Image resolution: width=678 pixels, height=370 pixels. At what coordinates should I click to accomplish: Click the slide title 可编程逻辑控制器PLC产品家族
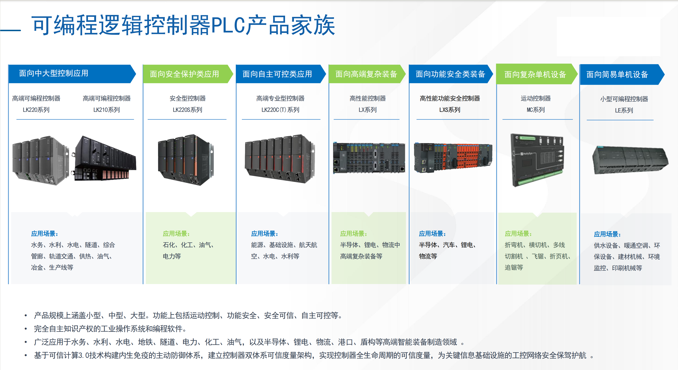[183, 25]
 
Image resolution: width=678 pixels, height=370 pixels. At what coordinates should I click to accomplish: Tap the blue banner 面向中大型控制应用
[54, 74]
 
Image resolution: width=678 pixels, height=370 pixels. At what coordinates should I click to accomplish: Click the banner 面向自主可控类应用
[277, 74]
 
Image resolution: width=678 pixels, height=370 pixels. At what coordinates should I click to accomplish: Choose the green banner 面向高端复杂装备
[366, 74]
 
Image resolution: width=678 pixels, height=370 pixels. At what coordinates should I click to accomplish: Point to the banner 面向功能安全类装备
[450, 74]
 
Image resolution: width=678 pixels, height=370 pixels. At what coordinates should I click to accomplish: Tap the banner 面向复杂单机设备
[535, 74]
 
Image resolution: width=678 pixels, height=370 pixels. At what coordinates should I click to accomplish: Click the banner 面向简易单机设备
[617, 74]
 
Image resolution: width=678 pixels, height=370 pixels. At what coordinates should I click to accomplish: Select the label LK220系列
[36, 110]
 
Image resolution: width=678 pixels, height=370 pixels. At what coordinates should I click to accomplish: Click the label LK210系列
[107, 110]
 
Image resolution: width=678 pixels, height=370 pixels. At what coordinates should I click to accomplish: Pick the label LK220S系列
[187, 110]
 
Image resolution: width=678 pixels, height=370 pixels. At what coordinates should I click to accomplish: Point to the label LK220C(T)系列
[280, 110]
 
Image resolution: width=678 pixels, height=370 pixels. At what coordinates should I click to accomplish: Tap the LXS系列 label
[450, 110]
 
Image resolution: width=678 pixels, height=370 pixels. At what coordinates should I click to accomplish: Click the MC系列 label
[536, 110]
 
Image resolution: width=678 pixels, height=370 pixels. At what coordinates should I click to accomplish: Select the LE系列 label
[624, 110]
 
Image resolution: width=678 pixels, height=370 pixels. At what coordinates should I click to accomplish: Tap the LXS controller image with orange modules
[453, 157]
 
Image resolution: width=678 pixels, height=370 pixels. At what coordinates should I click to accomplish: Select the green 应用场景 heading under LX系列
[353, 234]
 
